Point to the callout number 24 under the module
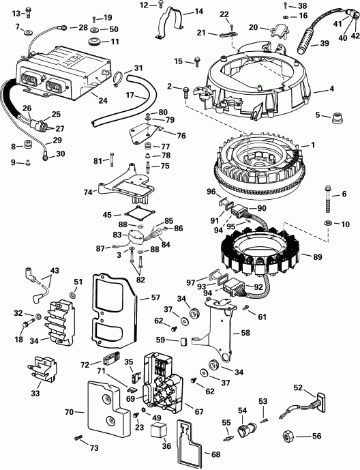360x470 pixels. pyautogui.click(x=103, y=100)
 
